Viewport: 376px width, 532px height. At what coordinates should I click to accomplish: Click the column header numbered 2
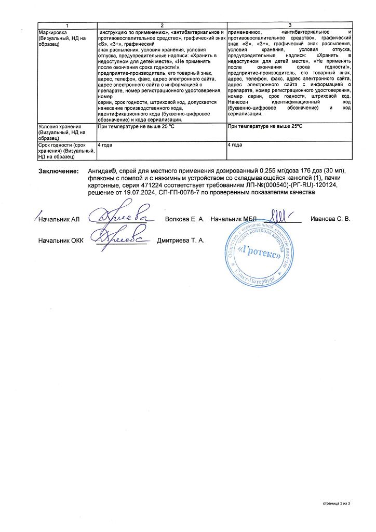point(162,25)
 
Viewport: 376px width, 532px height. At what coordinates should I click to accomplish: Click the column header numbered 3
point(290,25)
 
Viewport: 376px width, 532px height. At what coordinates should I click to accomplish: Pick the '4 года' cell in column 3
point(236,145)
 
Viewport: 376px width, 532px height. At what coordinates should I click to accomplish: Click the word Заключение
point(59,172)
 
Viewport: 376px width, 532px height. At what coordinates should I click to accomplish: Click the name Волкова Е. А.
point(184,219)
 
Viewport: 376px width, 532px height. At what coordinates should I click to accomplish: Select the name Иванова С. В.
point(330,219)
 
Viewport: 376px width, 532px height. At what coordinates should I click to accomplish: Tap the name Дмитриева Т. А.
point(181,241)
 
